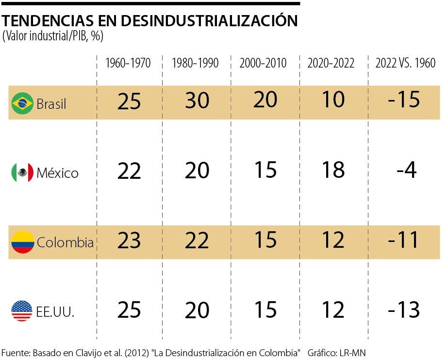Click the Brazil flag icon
pos(22,103)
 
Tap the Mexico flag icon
pos(22,172)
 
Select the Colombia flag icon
pos(22,242)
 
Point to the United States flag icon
pos(22,311)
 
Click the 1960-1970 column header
pos(128,63)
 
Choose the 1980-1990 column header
pos(196,63)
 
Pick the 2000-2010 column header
pos(264,63)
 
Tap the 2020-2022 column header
pos(331,63)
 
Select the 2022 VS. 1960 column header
pos(406,63)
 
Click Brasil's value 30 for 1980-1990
pos(197,101)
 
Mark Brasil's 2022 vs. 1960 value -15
pos(404,100)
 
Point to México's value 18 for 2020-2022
pos(333,170)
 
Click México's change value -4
pos(406,171)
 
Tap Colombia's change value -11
pos(404,240)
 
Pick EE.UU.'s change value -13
pos(404,310)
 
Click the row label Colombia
pos(65,242)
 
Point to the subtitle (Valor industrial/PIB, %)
pos(53,36)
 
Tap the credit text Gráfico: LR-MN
pos(336,352)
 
